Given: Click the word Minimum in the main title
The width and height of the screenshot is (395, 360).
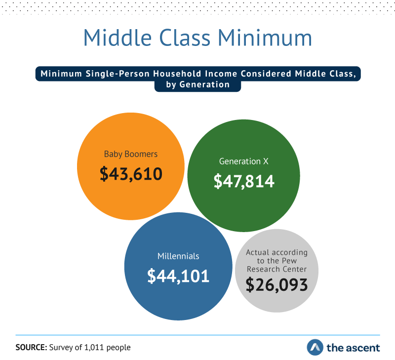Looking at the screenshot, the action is (x=265, y=38).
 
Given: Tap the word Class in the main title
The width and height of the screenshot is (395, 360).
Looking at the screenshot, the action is (x=185, y=38).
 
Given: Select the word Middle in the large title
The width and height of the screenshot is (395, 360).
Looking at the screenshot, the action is (x=118, y=38).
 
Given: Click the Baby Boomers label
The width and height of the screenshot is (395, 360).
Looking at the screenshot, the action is (x=131, y=154).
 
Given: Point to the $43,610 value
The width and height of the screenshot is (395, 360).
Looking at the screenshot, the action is (x=131, y=174).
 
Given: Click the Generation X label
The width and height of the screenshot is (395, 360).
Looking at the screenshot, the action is (x=244, y=161).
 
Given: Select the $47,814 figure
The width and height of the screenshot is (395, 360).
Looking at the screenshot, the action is (x=244, y=181).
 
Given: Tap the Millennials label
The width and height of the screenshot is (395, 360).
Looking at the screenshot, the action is (x=178, y=256).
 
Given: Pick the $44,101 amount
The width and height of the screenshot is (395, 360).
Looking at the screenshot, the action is (x=178, y=276).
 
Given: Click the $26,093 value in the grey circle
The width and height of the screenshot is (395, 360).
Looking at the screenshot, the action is (x=277, y=284).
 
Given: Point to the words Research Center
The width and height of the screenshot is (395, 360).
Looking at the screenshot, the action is (x=276, y=269).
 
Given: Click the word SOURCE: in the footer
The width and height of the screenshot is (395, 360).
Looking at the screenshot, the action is (x=31, y=347).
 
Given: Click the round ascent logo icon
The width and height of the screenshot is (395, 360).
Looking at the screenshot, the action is (x=315, y=347).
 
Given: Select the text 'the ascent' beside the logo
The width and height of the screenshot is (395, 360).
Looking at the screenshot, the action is (x=353, y=348).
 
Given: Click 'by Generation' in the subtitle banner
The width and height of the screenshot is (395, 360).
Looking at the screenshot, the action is (x=198, y=84).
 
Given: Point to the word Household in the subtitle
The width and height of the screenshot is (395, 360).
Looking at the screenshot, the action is (x=177, y=74).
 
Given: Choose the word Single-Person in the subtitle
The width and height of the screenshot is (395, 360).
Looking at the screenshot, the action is (x=118, y=74).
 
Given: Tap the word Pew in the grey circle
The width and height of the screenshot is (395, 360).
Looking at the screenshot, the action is (x=289, y=261).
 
